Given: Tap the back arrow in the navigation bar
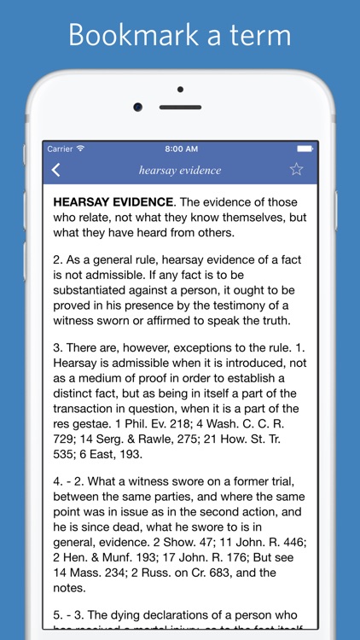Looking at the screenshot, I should click(55, 169).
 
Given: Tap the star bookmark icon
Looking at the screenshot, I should click(296, 169).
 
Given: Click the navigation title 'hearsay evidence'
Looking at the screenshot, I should click(180, 170).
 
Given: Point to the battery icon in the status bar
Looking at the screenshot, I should click(304, 148).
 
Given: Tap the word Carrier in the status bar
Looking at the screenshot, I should click(60, 148).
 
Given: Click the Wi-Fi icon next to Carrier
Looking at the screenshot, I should click(81, 148).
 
